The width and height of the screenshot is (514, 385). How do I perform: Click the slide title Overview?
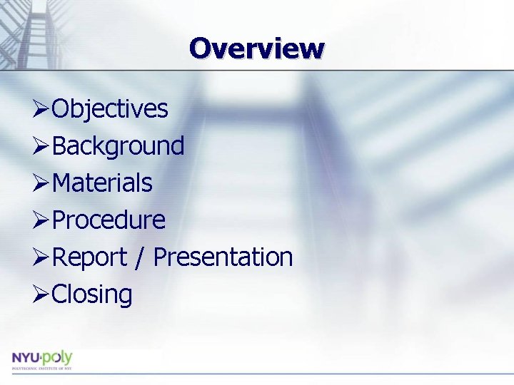click(x=257, y=48)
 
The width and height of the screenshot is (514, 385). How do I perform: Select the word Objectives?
click(x=110, y=109)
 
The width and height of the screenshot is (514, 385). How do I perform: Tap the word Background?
click(x=119, y=146)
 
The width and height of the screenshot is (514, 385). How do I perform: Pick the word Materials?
click(x=102, y=183)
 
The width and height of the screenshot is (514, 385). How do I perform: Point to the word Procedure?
click(x=109, y=220)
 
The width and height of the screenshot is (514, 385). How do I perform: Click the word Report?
click(x=89, y=257)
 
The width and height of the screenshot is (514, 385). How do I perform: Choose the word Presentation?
click(x=223, y=257)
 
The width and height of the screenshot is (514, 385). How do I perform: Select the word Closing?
click(x=92, y=294)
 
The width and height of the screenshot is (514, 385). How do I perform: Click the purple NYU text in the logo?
click(x=26, y=357)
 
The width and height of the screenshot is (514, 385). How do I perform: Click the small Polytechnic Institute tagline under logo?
click(x=41, y=369)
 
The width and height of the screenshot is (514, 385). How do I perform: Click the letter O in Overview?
click(x=201, y=48)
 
